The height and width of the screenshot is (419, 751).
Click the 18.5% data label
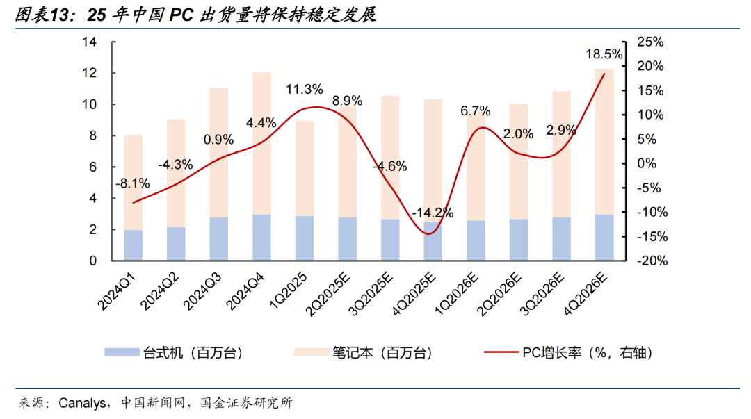tap(604, 54)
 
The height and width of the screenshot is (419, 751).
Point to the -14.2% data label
tap(432, 212)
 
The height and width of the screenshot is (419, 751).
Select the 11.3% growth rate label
tap(305, 90)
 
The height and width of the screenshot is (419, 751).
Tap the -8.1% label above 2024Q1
tap(133, 183)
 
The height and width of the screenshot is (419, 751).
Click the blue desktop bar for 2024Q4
tap(261, 238)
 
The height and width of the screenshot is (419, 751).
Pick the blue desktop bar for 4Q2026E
tap(604, 238)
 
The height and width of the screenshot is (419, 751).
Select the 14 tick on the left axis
tap(89, 42)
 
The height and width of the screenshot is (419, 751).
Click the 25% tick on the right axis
tap(650, 42)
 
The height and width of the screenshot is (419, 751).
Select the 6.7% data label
tap(476, 111)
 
